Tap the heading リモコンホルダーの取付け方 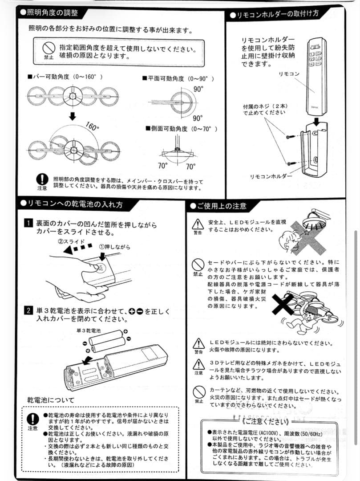[276, 14]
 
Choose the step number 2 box [28, 310]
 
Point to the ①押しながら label [114, 246]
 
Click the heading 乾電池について [51, 399]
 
